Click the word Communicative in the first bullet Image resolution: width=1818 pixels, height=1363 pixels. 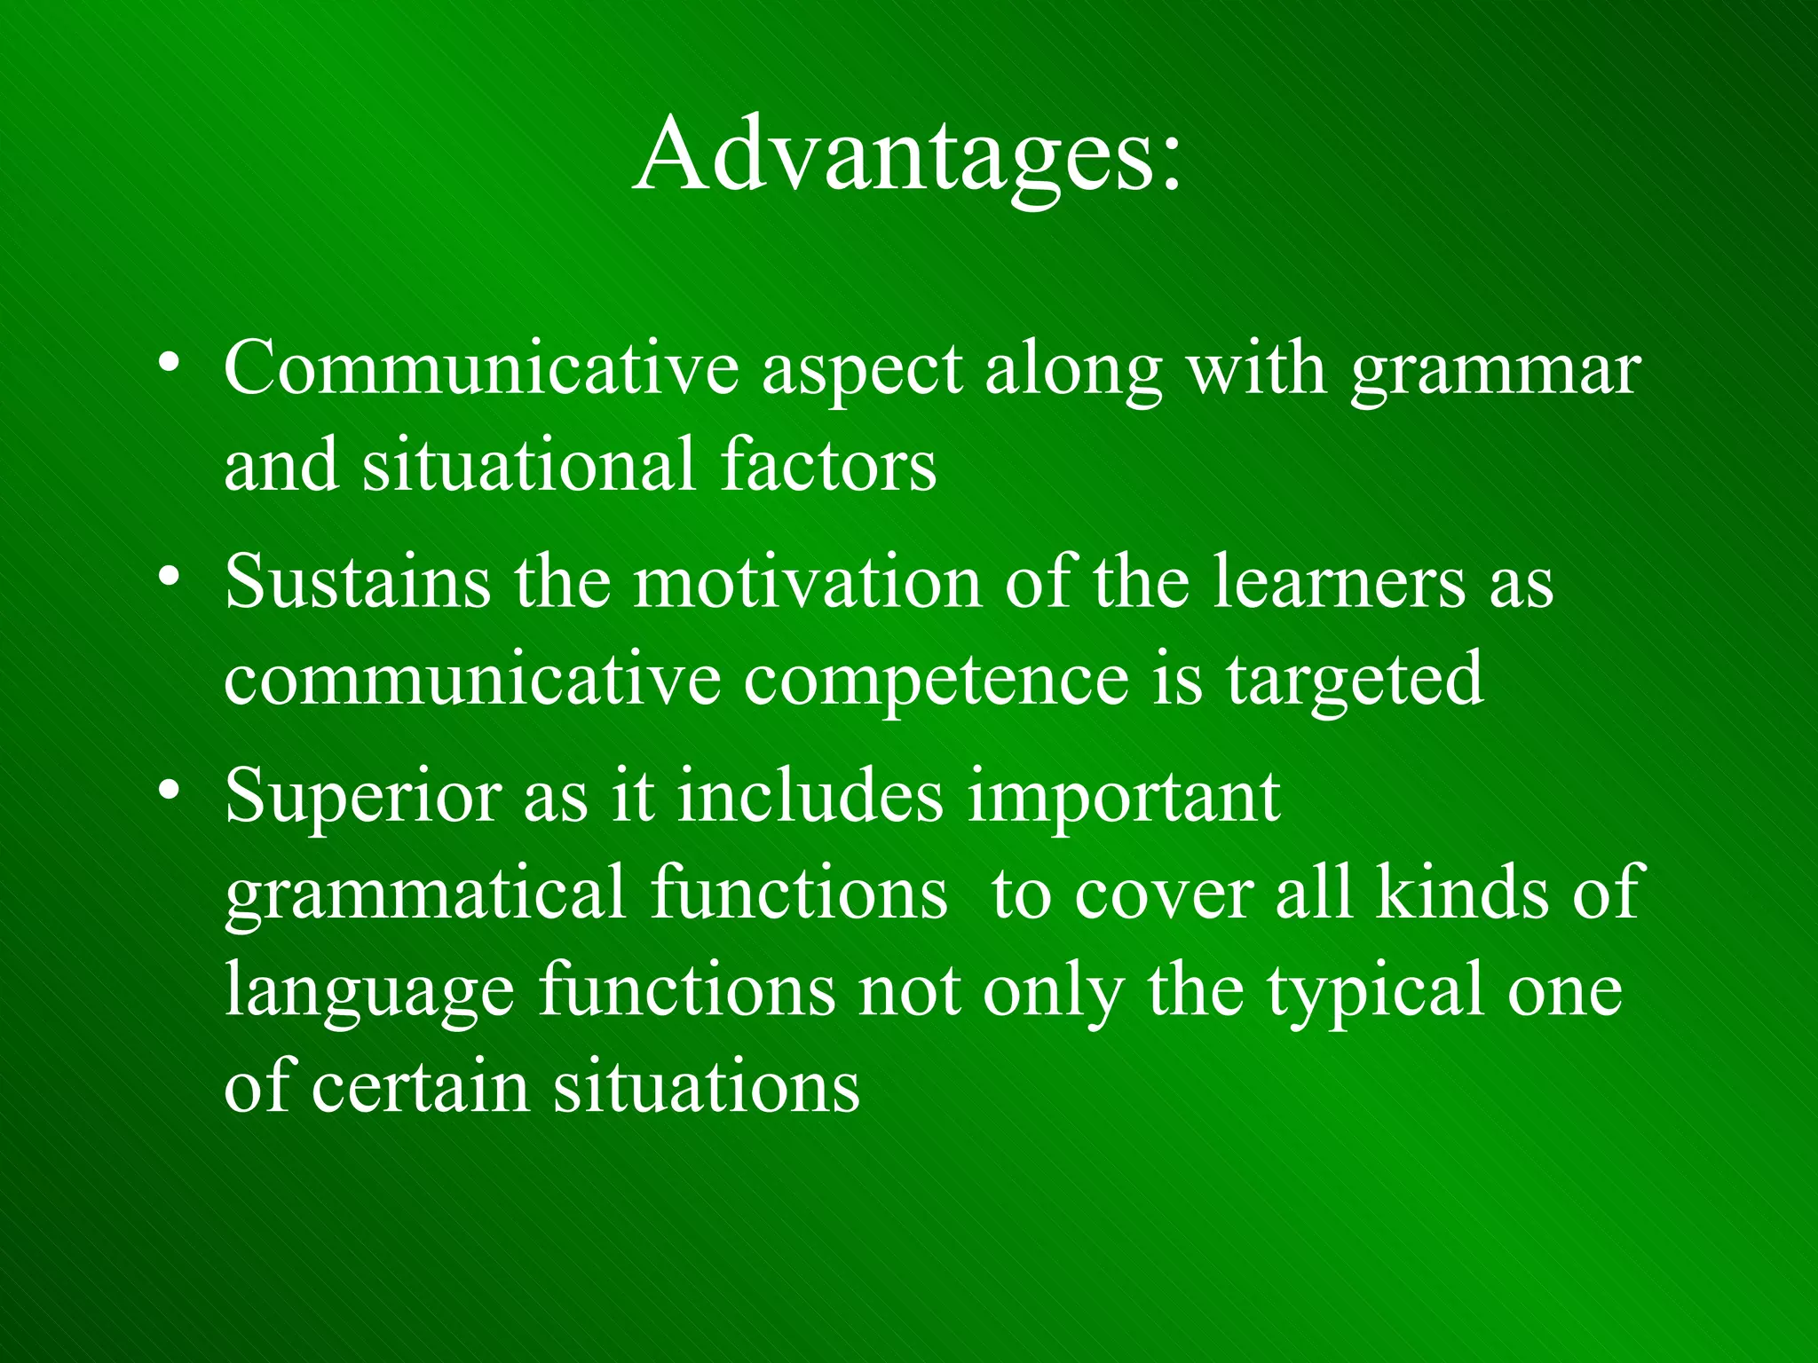[x=480, y=368]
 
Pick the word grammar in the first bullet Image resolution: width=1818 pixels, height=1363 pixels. [x=1495, y=373]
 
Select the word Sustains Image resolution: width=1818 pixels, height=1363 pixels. [x=357, y=582]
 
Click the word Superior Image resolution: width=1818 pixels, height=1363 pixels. [x=362, y=796]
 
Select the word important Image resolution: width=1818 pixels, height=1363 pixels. [x=1123, y=796]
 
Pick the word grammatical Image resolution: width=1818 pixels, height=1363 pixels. [x=426, y=894]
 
